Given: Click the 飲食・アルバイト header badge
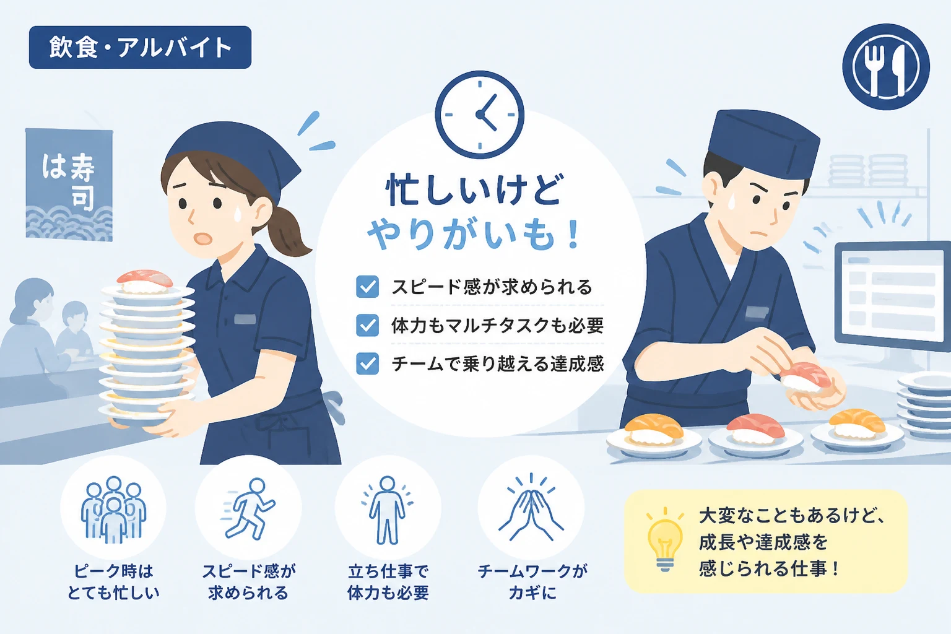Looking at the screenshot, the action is point(140,47).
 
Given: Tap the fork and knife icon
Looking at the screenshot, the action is point(886,67).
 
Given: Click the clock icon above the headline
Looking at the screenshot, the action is point(480,115).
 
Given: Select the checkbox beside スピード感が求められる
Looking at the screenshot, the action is point(368,287).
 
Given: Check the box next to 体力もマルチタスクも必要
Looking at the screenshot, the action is point(368,325).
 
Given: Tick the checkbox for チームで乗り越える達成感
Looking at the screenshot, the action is point(368,363).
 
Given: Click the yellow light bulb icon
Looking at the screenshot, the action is point(665,539).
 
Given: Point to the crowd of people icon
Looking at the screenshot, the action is point(113,510).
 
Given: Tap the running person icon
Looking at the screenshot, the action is point(248,509).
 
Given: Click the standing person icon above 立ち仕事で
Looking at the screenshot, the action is point(387,510).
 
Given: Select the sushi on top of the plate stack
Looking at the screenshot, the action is point(145,281).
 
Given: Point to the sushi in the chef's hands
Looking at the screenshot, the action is point(804,377).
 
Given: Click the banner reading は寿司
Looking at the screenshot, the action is point(69,185).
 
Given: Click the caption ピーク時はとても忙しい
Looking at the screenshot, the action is point(113,582).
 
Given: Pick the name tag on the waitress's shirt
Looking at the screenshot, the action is point(245,318).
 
